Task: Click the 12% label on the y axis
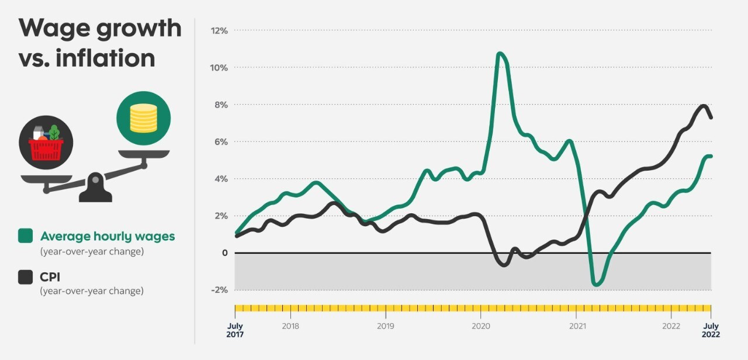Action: pos(219,30)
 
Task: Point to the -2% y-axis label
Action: pos(219,290)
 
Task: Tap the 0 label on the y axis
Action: pos(223,253)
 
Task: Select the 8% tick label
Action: pos(220,105)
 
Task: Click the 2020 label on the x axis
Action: pos(480,326)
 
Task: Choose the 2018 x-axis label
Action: pos(290,326)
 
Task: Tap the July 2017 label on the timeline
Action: pos(236,330)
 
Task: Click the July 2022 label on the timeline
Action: pos(711,330)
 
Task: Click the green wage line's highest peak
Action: pos(500,54)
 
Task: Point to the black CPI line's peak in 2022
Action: pos(703,106)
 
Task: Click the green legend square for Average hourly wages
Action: pos(26,236)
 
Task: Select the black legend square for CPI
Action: pos(26,277)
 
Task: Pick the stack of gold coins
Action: pos(143,117)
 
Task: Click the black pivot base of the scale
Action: pos(95,189)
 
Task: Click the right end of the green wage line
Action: pos(711,156)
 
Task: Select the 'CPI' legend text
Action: pos(50,277)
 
